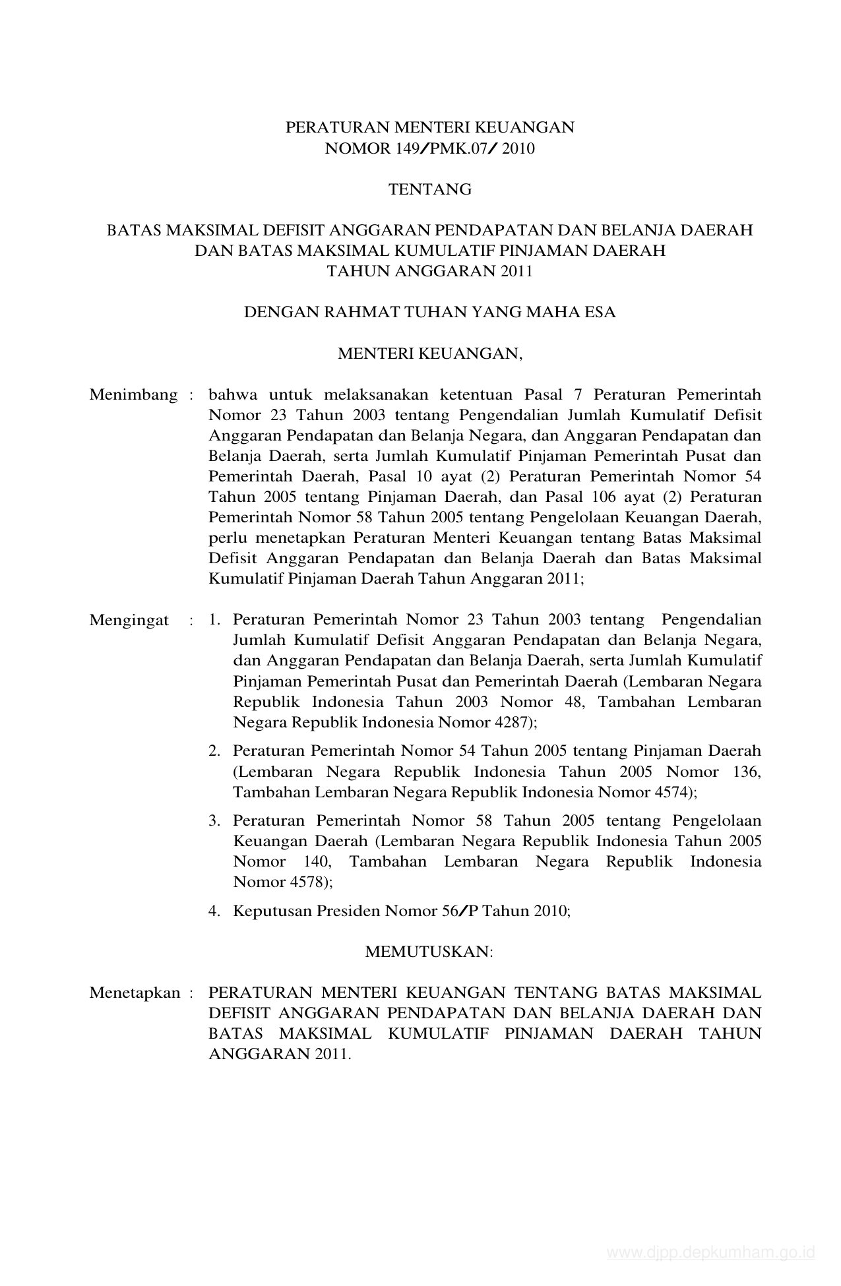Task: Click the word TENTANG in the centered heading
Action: point(430,190)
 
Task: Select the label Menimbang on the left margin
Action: point(133,395)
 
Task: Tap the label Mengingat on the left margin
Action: point(129,621)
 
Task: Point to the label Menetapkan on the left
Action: point(135,993)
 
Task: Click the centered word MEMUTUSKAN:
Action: point(429,952)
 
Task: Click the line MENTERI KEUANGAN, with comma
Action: point(430,354)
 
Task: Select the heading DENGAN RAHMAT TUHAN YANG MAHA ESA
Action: point(430,313)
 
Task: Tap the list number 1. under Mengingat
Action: point(214,621)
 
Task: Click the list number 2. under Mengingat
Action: point(214,751)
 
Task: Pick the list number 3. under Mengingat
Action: point(214,821)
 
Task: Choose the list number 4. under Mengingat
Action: point(214,911)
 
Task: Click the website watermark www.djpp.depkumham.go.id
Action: point(711,1253)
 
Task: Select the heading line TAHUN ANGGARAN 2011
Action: point(430,272)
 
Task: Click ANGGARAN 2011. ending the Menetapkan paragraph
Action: point(280,1054)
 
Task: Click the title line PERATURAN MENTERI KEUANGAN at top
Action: point(430,128)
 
